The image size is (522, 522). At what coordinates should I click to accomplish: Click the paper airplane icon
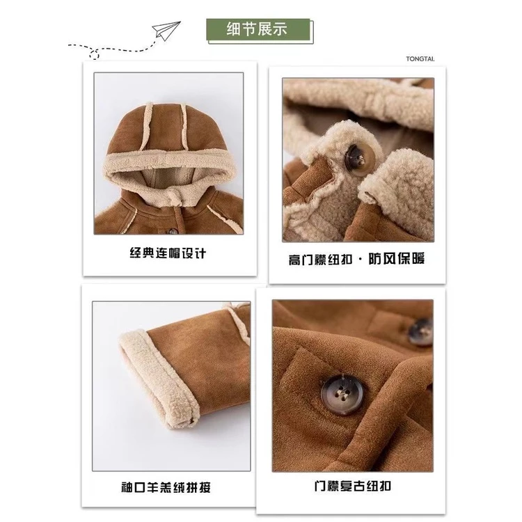click(166, 31)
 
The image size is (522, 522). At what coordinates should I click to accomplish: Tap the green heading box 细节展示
click(258, 29)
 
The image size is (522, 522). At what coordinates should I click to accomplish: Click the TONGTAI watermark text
click(420, 59)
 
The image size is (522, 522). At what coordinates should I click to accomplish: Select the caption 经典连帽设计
click(168, 253)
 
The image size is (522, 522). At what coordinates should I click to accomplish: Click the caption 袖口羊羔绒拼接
click(166, 488)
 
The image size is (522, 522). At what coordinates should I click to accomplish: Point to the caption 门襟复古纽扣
click(352, 487)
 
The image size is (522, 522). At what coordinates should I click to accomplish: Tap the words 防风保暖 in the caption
click(397, 259)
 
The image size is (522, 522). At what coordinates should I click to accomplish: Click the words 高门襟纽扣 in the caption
click(320, 260)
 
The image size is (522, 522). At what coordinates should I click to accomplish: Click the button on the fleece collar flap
click(359, 157)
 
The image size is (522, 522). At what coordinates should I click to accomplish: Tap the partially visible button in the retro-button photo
click(421, 331)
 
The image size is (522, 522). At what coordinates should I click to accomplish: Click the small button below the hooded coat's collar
click(172, 230)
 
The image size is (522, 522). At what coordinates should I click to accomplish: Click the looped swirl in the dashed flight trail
click(95, 54)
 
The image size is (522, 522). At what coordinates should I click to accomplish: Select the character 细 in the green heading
click(234, 29)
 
